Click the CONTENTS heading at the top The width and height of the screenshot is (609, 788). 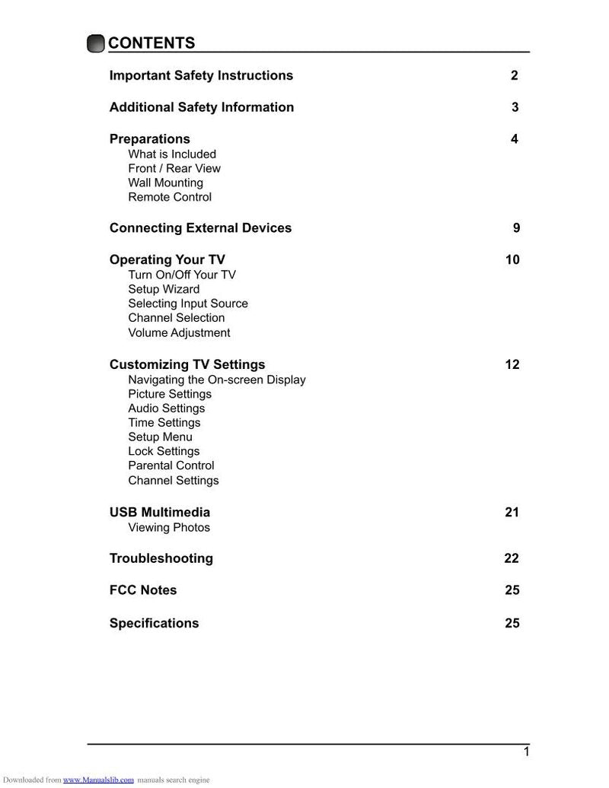click(x=151, y=43)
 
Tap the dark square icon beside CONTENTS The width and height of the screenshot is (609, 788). click(x=96, y=44)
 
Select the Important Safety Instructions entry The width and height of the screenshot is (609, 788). click(x=201, y=75)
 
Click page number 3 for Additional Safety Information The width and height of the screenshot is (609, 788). click(x=515, y=107)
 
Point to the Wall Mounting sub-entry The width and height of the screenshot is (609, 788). click(x=165, y=183)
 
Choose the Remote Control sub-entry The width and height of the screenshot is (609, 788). click(x=170, y=197)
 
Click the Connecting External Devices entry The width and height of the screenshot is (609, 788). click(x=200, y=228)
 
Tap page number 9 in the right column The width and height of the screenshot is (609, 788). click(x=516, y=228)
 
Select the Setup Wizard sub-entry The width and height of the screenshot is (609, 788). click(x=164, y=289)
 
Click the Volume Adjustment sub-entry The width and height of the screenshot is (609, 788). click(x=179, y=332)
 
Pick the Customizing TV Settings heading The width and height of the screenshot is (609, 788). click(x=187, y=364)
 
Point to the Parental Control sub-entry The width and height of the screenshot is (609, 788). click(x=171, y=465)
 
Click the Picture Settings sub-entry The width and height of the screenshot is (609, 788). click(x=170, y=394)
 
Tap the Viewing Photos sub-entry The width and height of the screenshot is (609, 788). click(x=169, y=527)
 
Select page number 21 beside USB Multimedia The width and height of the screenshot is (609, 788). click(x=512, y=513)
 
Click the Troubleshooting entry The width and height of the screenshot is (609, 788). click(x=161, y=558)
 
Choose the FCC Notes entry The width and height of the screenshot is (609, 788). click(x=143, y=590)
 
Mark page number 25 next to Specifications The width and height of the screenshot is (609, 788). click(x=512, y=623)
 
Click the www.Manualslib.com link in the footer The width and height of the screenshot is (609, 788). click(x=98, y=780)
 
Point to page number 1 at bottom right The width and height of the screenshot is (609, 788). click(x=525, y=752)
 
